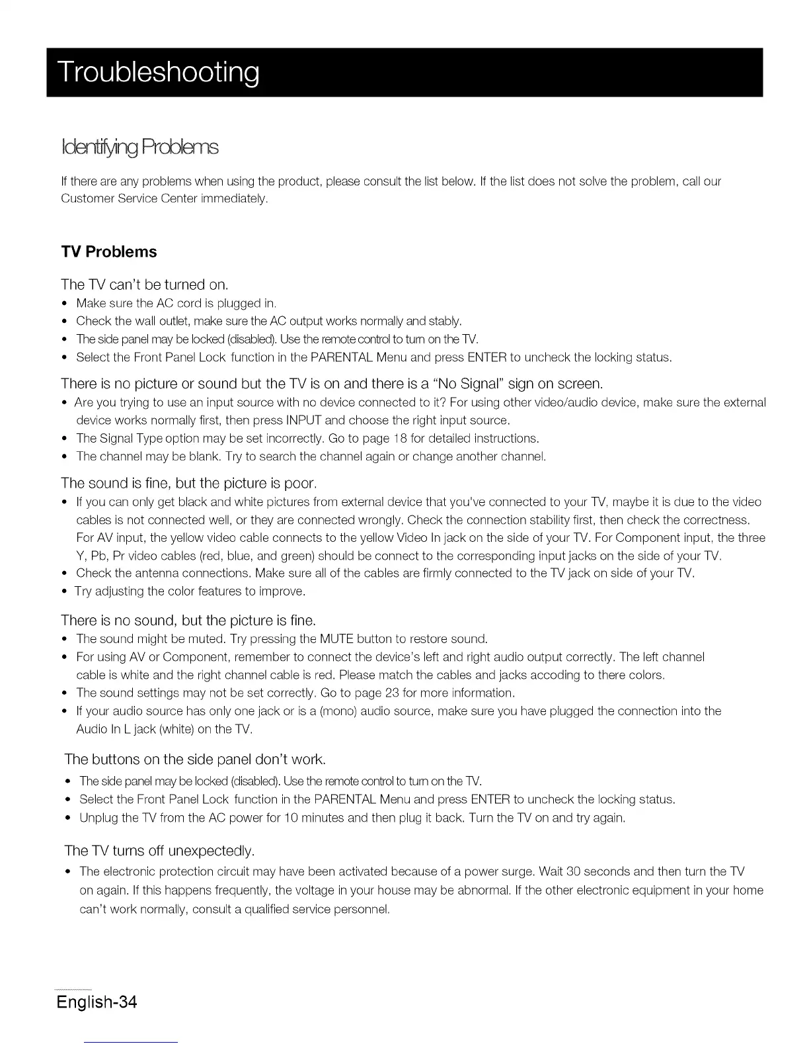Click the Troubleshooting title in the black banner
(x=159, y=73)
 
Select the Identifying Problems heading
(x=139, y=146)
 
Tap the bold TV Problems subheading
(x=109, y=252)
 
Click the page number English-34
(x=96, y=1002)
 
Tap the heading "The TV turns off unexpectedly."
(x=159, y=850)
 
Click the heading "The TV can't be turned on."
(x=144, y=285)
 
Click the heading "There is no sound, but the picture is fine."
(x=188, y=621)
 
